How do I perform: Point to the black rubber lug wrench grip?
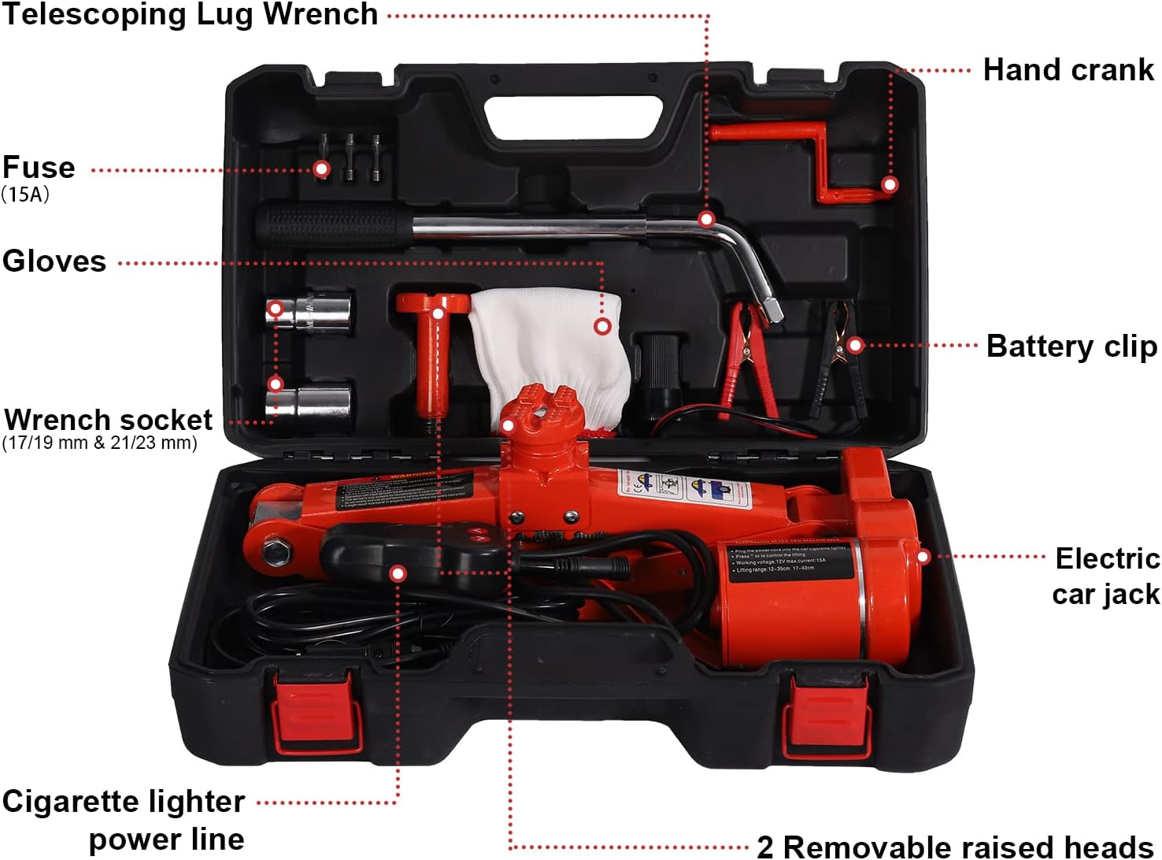(331, 225)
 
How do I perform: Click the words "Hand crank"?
(1068, 70)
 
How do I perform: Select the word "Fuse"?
(39, 168)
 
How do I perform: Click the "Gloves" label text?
(54, 261)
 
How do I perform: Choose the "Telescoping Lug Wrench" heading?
(190, 14)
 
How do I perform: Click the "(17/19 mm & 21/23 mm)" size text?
(100, 443)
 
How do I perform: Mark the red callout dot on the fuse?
(321, 169)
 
